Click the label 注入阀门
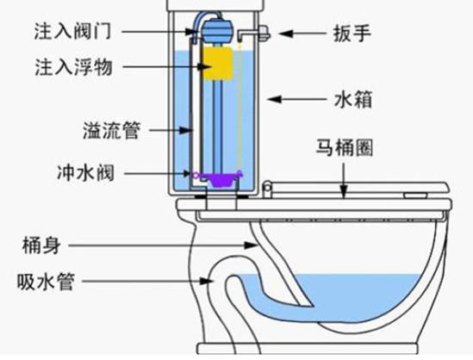[72, 31]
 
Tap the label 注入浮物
[74, 67]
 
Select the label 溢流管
[112, 130]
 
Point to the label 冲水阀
[86, 173]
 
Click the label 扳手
[352, 33]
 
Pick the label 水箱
[353, 99]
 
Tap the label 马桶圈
[345, 147]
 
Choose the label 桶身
[41, 245]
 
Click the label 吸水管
[46, 282]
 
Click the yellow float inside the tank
[218, 64]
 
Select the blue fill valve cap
[216, 31]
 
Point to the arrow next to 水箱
[297, 99]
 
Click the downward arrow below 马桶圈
[344, 180]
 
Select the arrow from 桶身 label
[164, 245]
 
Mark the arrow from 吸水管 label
[148, 282]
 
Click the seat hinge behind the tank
[267, 189]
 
